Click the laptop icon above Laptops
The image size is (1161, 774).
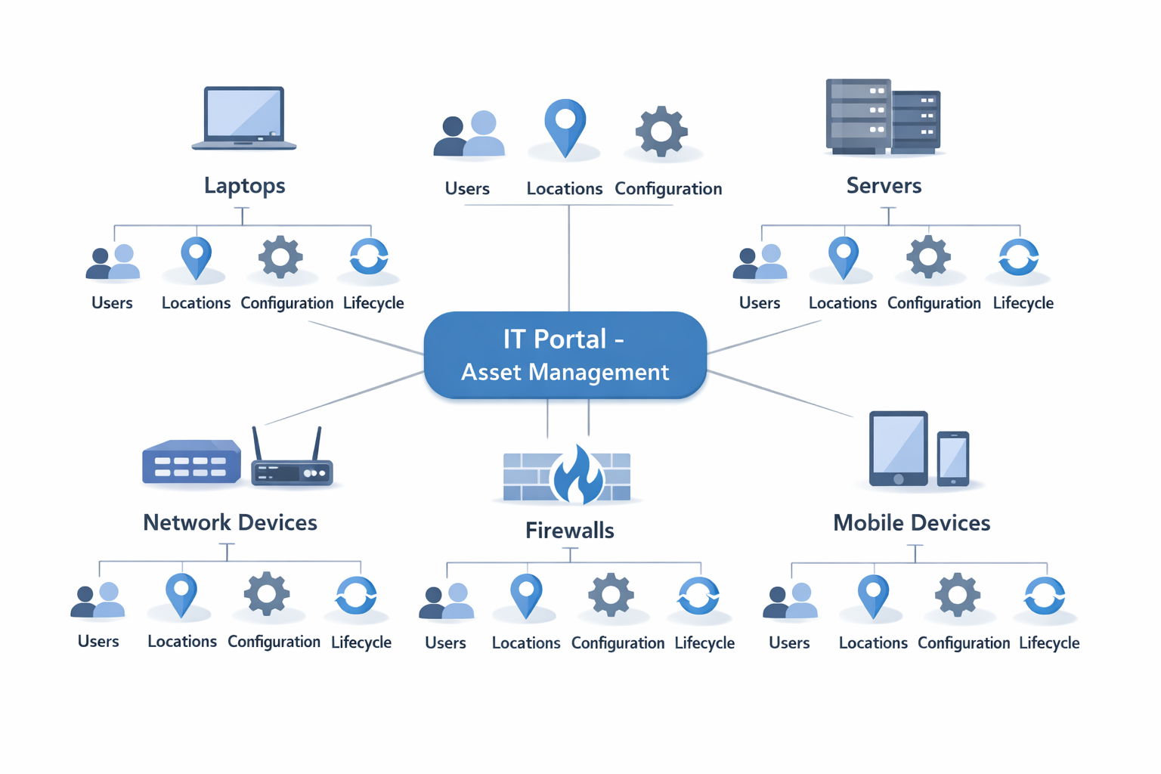point(244,119)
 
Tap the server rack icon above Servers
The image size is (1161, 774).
point(882,116)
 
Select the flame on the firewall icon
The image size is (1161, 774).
point(577,475)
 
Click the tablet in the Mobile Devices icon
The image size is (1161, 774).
point(898,449)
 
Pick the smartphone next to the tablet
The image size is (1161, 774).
point(953,459)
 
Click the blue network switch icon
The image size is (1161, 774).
point(191,462)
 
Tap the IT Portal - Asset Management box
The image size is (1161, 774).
point(565,354)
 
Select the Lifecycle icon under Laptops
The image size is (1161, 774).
point(369,257)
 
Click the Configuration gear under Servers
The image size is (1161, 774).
point(928,257)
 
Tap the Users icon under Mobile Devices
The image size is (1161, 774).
point(790,601)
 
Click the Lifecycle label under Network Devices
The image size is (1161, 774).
point(361,642)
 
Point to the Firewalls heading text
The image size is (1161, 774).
point(569,531)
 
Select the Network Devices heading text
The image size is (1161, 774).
point(230,522)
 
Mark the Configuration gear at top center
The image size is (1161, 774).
point(661,132)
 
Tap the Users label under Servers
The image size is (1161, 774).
point(759,303)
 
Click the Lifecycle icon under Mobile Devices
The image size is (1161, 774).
point(1045,596)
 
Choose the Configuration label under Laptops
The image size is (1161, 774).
point(286,303)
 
